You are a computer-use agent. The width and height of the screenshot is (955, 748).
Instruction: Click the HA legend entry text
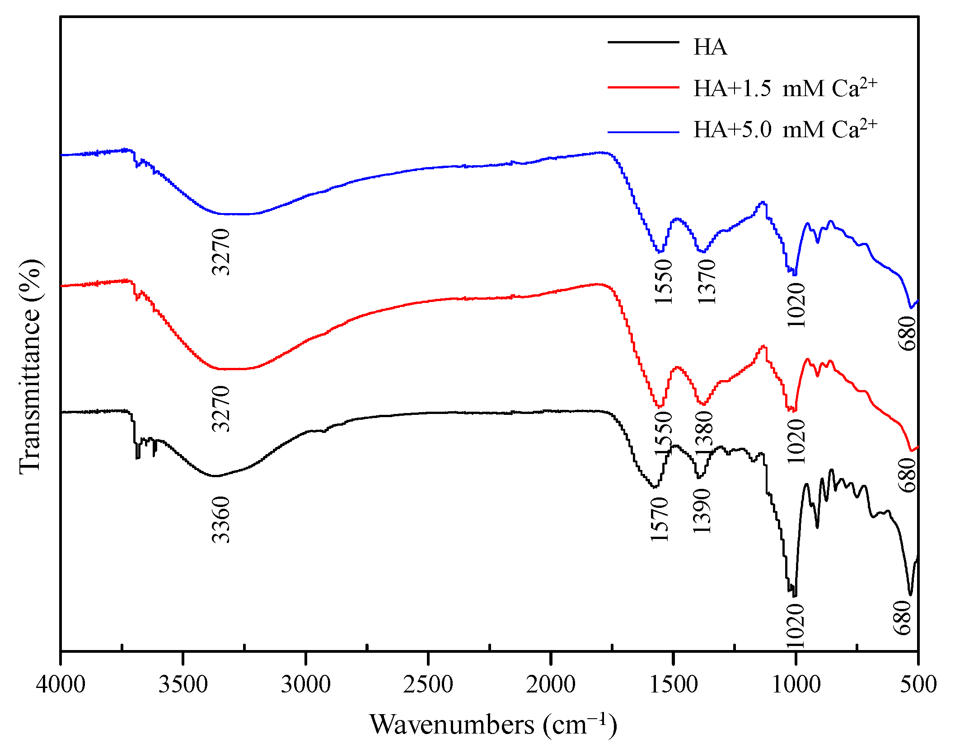710,47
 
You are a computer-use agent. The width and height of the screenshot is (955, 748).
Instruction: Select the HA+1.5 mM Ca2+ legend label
785,88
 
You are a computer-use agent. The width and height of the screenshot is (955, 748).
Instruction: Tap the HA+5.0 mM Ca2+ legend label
785,129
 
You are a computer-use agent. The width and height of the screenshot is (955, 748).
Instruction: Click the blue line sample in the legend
643,132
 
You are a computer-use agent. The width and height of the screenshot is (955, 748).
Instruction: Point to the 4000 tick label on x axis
61,685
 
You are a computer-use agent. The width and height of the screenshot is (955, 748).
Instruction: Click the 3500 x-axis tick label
183,685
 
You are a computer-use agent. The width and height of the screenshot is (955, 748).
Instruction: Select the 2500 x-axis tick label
428,685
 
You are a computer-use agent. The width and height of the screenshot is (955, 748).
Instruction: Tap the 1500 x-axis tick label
673,685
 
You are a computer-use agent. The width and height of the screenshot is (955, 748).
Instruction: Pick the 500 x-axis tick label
918,685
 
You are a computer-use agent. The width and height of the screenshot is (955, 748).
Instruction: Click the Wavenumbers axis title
493,725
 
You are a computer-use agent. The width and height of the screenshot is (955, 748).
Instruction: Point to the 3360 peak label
221,519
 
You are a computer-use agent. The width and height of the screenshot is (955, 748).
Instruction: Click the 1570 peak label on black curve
660,519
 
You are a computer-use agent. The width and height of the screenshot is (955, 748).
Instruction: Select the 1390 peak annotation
702,511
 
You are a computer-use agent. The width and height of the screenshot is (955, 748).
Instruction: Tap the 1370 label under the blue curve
707,281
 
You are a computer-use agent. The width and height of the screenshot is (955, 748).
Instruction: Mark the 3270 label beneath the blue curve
221,252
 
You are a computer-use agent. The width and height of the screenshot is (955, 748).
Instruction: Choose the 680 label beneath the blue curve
907,333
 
